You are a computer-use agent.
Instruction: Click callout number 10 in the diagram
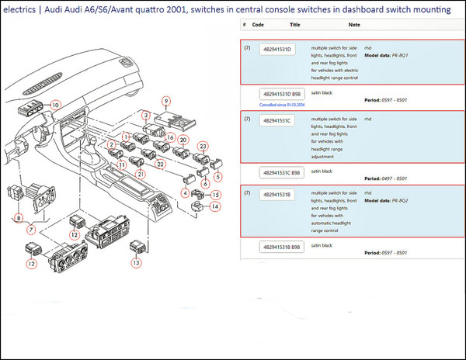click(x=55, y=105)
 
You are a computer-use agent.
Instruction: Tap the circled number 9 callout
click(x=165, y=101)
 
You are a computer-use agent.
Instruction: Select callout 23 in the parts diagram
click(x=203, y=146)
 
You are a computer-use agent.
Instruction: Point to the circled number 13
click(x=137, y=263)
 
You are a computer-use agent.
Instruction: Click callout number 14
click(x=215, y=207)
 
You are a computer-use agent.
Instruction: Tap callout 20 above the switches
click(x=183, y=140)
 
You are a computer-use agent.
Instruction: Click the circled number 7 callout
click(x=31, y=230)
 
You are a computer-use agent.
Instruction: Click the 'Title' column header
click(x=294, y=24)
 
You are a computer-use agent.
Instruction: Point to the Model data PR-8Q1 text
click(x=386, y=55)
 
